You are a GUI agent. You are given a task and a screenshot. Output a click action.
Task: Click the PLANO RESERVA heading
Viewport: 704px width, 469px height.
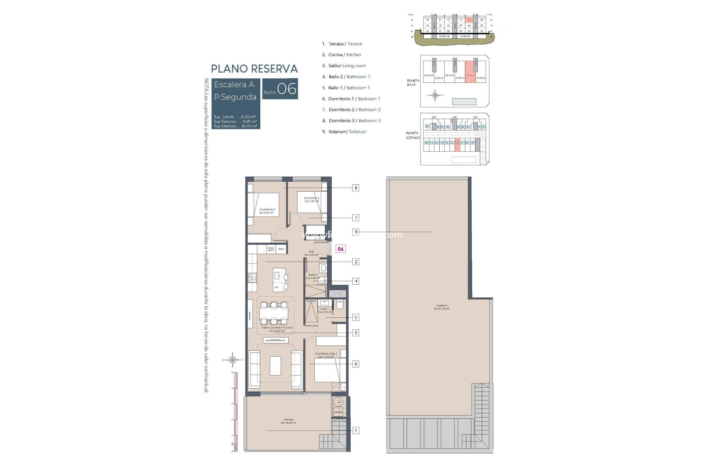pos(254,69)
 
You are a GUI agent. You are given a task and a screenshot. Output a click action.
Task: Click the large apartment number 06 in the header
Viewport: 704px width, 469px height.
pos(287,89)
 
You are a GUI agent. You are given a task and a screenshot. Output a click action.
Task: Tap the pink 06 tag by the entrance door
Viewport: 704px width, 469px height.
pos(341,249)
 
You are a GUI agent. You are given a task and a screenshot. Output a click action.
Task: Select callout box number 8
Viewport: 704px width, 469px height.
pos(355,188)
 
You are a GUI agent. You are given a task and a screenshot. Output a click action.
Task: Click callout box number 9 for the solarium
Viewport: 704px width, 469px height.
pos(355,232)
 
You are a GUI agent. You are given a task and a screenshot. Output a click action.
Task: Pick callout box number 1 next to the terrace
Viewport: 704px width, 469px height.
pos(355,431)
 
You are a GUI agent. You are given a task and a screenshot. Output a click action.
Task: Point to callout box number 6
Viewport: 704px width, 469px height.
pos(355,364)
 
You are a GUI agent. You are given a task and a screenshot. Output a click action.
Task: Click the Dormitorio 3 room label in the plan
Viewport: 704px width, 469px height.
pos(267,211)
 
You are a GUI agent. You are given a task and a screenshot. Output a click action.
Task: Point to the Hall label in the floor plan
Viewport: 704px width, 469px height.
pos(311,253)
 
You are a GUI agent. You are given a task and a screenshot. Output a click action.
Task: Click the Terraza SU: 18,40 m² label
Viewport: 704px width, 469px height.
pos(288,421)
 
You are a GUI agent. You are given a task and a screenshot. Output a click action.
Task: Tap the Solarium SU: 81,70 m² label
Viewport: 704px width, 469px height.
pos(441,307)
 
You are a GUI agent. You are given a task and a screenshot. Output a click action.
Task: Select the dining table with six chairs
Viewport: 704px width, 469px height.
pos(274,314)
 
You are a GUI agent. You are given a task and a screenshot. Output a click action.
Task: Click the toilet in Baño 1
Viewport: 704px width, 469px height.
pos(339,304)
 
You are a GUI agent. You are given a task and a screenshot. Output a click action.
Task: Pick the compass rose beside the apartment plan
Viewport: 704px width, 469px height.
pos(232,359)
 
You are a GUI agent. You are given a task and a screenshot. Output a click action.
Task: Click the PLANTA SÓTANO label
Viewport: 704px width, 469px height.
pos(412,135)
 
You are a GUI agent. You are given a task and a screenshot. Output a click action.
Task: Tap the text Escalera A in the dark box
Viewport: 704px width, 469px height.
pos(234,85)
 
